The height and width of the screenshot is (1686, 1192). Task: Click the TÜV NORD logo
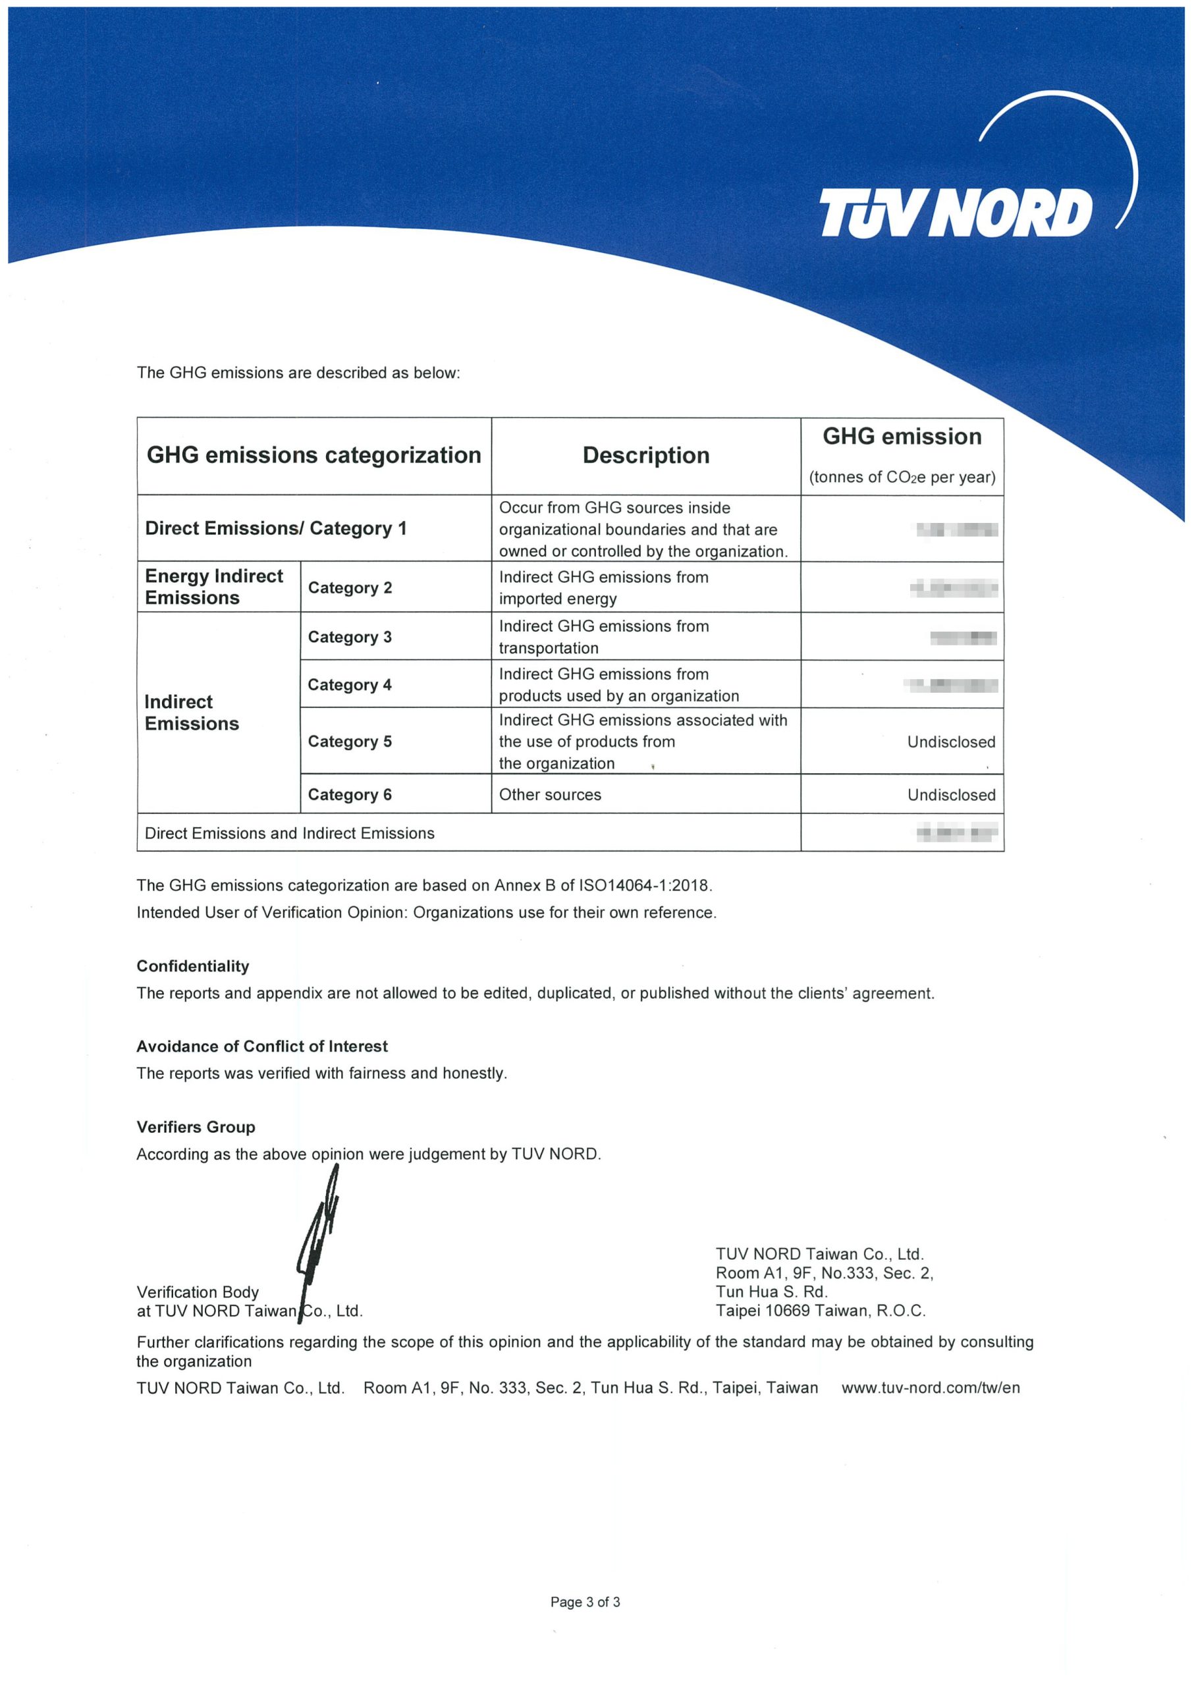click(x=955, y=213)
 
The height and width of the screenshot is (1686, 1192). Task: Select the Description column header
click(x=645, y=455)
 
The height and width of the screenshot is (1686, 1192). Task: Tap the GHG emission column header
click(x=901, y=437)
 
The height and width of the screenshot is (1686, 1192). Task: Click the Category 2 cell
click(x=350, y=587)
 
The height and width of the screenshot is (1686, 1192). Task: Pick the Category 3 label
click(x=350, y=637)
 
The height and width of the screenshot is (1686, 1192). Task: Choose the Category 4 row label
click(x=350, y=684)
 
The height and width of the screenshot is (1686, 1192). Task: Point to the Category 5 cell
click(x=350, y=741)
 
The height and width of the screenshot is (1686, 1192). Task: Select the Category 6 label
click(x=350, y=794)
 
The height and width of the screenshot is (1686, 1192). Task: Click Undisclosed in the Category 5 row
click(x=950, y=742)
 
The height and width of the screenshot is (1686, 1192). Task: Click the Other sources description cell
click(x=550, y=794)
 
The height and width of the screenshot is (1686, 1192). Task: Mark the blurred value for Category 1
click(x=954, y=530)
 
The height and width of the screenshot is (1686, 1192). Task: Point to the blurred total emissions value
click(x=956, y=832)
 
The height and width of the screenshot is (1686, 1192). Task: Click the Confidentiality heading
click(x=192, y=966)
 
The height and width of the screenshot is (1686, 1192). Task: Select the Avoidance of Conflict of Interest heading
click(x=261, y=1047)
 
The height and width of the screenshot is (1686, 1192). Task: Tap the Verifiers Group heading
click(x=196, y=1127)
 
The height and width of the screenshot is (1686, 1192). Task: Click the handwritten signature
click(x=317, y=1241)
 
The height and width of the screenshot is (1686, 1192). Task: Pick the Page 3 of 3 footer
click(x=585, y=1602)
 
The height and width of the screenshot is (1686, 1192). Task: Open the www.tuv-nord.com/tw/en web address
click(x=930, y=1388)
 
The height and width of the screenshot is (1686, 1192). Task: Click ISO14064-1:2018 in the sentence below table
click(x=645, y=886)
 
